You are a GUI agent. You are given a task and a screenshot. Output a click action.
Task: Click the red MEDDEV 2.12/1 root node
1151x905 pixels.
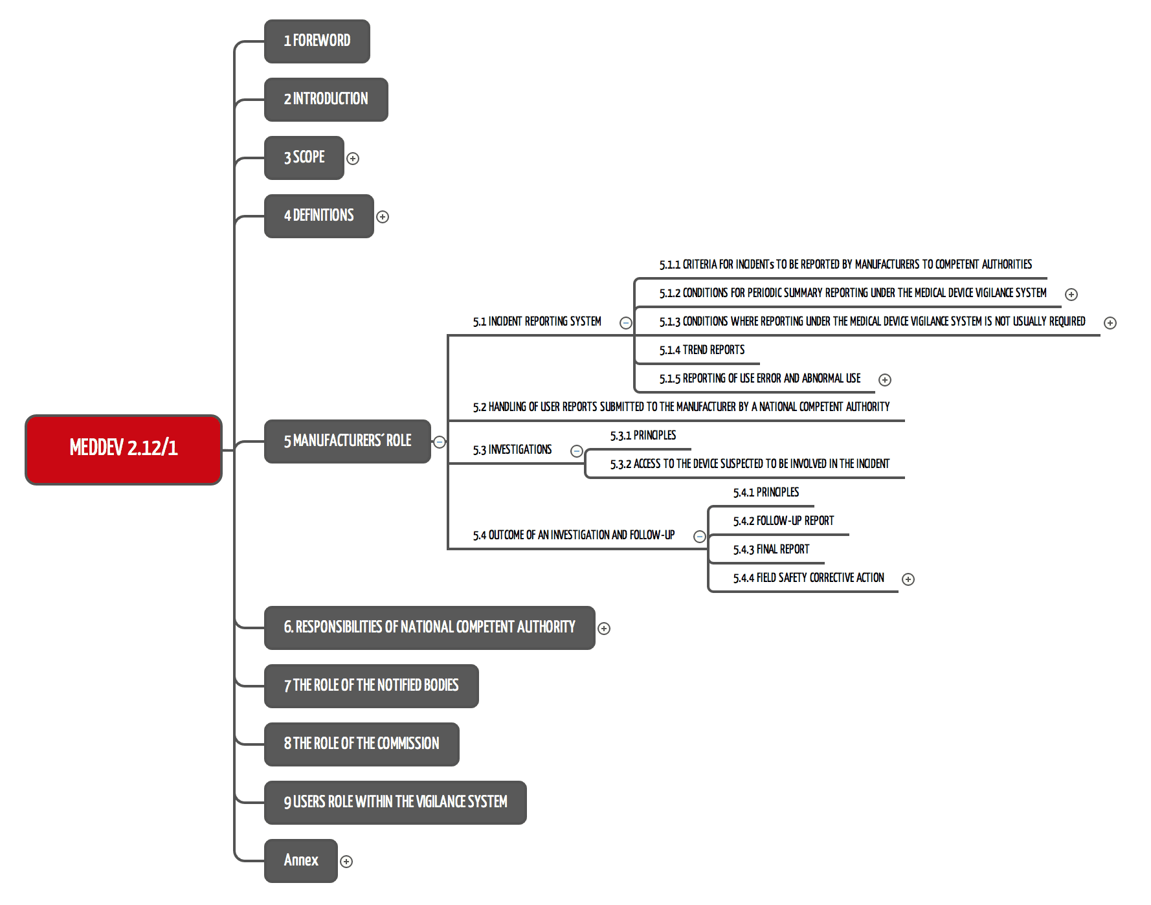pos(124,449)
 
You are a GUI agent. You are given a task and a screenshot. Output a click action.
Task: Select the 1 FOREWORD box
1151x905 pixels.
pos(317,41)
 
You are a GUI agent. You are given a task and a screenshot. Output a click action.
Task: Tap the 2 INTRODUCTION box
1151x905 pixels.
pos(326,100)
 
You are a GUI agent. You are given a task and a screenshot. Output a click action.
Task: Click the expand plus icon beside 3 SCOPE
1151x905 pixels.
pos(353,159)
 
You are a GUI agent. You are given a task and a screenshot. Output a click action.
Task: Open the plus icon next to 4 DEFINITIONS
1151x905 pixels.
pos(383,217)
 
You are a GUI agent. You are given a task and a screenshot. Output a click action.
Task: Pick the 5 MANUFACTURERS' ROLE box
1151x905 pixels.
pos(348,441)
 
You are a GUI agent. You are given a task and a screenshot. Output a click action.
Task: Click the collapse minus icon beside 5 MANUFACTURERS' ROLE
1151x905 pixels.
pos(440,442)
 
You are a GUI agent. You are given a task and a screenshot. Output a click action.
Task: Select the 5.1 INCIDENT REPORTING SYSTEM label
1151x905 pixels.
pos(537,322)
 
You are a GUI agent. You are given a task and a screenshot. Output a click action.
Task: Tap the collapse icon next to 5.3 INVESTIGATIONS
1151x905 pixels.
pos(577,451)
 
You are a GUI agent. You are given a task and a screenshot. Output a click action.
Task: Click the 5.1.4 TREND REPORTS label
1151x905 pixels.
pos(702,350)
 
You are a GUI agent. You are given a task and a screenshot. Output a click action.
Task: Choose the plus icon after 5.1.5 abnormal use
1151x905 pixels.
pos(885,380)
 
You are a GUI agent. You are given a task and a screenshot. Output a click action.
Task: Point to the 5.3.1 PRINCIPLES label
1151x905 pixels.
pos(643,436)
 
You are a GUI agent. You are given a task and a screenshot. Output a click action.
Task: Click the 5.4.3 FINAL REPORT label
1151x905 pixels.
pos(772,550)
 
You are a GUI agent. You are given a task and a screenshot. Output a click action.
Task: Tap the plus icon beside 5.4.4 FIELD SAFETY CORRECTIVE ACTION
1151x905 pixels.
pos(908,579)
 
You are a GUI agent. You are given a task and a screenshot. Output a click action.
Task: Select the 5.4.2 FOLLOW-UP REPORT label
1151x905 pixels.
pos(784,521)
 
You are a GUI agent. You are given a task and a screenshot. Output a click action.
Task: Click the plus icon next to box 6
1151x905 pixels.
pos(604,629)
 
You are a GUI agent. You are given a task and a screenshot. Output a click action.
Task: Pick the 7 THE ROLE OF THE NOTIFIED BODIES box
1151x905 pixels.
pos(372,686)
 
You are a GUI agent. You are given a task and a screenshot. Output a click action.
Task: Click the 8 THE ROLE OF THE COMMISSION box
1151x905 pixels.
pos(362,744)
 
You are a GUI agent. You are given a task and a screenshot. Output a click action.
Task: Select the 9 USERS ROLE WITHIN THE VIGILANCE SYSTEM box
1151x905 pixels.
pos(396,803)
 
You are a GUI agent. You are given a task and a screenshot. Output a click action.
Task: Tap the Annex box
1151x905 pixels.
pos(301,861)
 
